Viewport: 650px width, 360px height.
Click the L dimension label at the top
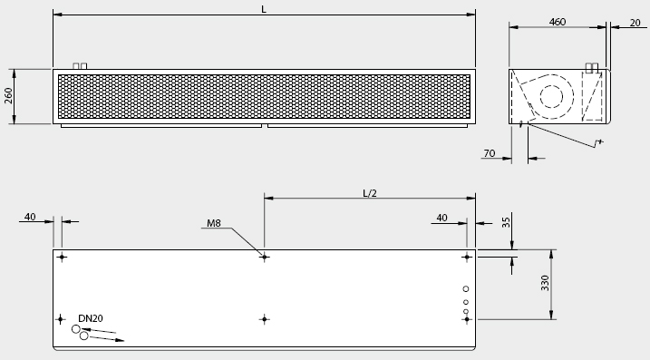[x=264, y=9]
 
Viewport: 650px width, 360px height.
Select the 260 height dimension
[x=8, y=96]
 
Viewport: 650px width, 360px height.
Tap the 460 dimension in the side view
[x=558, y=22]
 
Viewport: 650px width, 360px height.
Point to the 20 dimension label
[x=635, y=23]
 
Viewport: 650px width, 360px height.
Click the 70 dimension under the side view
[x=490, y=153]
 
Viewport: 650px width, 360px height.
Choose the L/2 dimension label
[x=370, y=193]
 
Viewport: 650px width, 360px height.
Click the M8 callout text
[x=214, y=223]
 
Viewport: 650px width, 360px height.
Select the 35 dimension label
[x=506, y=222]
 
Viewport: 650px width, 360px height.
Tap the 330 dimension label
[x=545, y=283]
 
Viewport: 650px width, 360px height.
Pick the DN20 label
[x=91, y=318]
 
